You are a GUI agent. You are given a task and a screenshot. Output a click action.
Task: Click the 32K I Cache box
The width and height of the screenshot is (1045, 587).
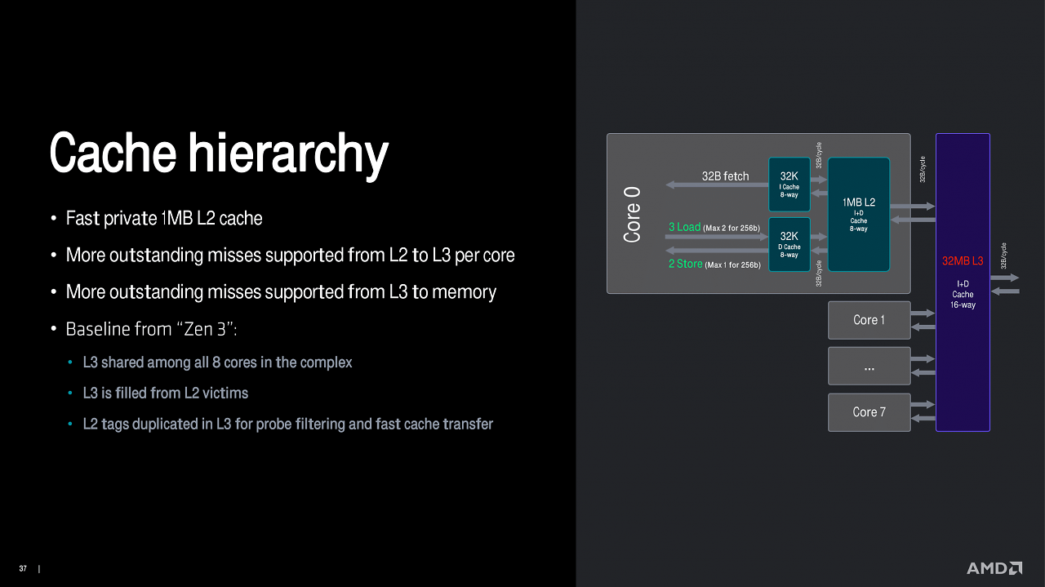pos(789,185)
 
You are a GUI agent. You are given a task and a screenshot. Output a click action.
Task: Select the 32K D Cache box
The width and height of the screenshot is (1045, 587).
pos(789,244)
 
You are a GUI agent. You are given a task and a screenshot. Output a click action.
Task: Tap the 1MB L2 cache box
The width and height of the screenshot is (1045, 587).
pos(858,214)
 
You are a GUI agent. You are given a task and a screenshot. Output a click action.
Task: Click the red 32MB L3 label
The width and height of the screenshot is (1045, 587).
pos(963,260)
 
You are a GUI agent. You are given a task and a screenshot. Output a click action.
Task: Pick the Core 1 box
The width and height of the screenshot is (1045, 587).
pos(869,320)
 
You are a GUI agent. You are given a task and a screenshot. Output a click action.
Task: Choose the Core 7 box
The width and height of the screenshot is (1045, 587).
pos(869,412)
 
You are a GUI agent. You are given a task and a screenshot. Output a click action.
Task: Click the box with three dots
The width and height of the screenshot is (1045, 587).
pos(869,366)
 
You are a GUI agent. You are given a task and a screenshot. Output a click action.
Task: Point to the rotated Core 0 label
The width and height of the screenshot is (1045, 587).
pos(632,215)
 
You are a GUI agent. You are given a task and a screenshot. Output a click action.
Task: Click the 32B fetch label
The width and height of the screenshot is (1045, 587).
pos(726,176)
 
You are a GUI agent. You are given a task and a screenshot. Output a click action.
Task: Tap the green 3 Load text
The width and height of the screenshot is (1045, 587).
pos(684,227)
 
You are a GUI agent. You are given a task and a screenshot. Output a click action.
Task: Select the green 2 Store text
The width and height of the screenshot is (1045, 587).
pos(685,264)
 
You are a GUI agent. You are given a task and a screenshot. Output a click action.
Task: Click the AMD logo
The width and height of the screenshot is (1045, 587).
pos(994,568)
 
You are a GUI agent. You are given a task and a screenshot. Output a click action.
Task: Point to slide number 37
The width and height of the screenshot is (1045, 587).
pos(23,568)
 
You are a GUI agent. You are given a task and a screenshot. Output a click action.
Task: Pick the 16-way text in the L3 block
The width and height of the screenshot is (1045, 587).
pos(963,305)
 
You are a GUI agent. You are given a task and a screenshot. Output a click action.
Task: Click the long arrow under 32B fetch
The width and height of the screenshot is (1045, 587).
pos(717,185)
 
